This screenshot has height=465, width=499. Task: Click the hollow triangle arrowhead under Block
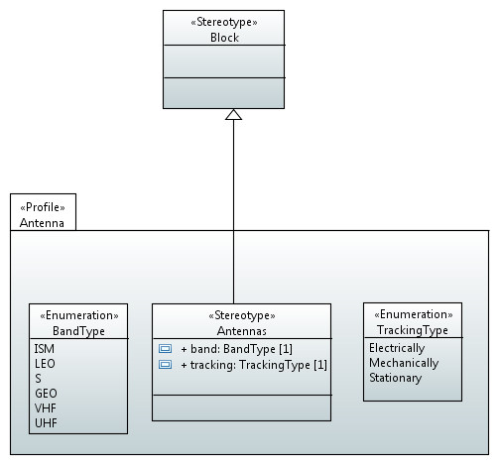click(233, 114)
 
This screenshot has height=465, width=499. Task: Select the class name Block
click(224, 38)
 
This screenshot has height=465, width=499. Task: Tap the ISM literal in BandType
click(45, 349)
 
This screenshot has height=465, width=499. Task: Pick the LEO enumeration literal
click(45, 364)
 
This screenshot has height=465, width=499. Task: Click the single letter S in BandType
click(38, 379)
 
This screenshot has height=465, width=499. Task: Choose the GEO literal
click(46, 394)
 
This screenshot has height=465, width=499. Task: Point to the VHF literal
click(46, 408)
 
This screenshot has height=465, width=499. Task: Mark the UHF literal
click(46, 423)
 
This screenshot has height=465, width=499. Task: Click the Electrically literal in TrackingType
click(397, 348)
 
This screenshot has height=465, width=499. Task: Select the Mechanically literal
click(404, 363)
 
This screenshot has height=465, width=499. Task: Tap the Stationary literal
click(396, 378)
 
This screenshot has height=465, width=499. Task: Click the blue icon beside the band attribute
click(165, 349)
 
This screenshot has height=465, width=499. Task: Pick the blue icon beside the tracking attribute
click(165, 365)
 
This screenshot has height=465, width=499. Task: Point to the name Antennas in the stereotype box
click(242, 331)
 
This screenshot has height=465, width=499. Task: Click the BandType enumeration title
click(78, 331)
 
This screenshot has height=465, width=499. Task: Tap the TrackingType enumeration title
click(413, 330)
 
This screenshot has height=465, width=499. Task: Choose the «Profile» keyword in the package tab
click(43, 207)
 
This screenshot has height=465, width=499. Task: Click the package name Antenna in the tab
click(42, 223)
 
